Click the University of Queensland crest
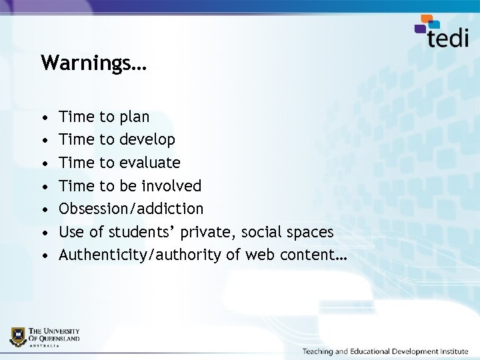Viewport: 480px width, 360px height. click(x=18, y=337)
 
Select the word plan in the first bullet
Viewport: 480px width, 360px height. click(x=135, y=117)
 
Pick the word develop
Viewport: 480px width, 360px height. click(x=147, y=140)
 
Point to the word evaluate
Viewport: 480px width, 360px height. click(x=150, y=163)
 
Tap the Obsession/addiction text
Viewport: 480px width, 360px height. click(x=131, y=209)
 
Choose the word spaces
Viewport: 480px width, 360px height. click(x=307, y=232)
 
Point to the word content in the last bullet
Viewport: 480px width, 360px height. click(x=307, y=255)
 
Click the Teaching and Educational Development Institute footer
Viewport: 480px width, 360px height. click(x=385, y=351)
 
